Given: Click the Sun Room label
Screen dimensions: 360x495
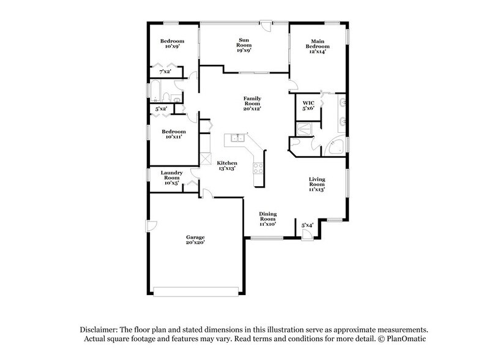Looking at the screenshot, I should [x=244, y=45].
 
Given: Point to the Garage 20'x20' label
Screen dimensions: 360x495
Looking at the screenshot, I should [x=195, y=239].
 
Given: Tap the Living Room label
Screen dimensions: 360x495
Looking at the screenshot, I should [x=316, y=184].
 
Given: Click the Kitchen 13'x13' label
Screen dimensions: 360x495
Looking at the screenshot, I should [x=227, y=165].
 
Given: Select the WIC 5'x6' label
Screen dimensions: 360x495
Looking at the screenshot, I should [x=308, y=105].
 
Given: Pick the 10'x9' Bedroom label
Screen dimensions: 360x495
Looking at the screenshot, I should [x=173, y=44].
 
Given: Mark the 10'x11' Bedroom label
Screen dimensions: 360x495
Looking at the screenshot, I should [x=173, y=135].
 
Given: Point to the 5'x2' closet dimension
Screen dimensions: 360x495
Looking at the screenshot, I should [x=161, y=109].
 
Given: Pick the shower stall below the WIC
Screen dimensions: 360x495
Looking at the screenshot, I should [x=304, y=129].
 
